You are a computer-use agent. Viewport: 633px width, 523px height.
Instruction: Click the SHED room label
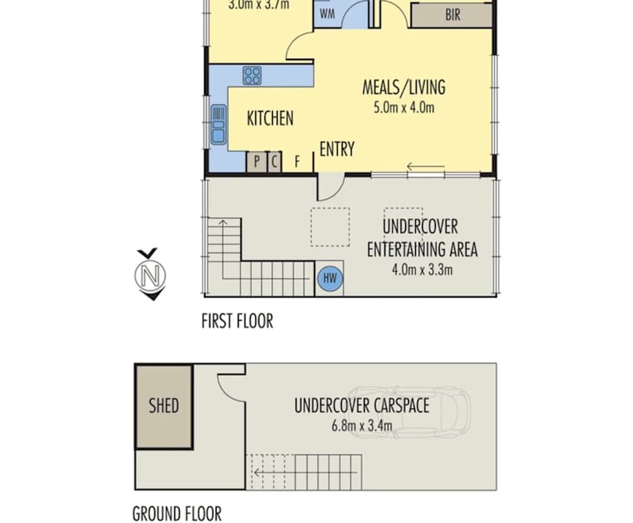164,404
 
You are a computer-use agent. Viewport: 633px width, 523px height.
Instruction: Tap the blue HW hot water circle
330,278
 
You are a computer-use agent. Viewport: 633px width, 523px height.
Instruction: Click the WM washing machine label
327,14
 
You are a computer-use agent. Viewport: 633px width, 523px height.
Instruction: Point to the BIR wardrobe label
453,15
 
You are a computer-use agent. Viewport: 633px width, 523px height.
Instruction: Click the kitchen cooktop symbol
252,76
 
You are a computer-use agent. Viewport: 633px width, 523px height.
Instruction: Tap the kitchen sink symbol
219,124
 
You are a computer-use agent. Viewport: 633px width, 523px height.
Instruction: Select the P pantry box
256,162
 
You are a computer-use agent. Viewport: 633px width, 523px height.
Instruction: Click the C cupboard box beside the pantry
274,162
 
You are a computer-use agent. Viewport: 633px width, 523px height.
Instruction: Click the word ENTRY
336,149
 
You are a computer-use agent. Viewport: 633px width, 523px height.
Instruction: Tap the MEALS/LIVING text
403,87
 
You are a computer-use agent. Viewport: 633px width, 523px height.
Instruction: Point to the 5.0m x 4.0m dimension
403,108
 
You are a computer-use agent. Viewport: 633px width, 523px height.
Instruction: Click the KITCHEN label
270,119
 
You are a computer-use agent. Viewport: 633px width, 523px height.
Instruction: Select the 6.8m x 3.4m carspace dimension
361,426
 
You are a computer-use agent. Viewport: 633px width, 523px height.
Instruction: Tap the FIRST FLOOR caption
237,321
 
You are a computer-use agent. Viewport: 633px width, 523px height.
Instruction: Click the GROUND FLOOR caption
177,513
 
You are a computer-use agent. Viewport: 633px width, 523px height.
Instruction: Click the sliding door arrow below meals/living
425,167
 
